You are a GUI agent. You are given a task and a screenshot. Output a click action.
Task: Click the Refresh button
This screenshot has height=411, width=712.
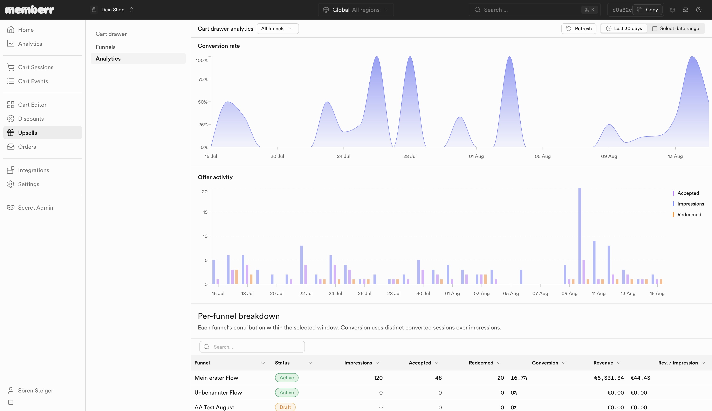pos(579,28)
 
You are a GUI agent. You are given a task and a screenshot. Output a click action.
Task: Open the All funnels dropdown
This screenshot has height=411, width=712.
pos(278,28)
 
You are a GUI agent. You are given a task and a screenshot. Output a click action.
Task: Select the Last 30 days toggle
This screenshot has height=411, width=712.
pos(624,28)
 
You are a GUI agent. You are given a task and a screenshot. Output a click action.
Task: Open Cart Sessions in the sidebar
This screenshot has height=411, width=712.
pos(36,67)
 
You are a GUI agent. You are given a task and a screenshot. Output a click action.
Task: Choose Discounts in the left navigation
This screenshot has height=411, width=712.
pos(31,119)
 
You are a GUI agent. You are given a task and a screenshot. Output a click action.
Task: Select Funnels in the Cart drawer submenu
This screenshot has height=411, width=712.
pos(105,47)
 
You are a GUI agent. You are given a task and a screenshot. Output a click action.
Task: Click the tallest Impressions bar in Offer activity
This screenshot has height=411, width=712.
pos(580,236)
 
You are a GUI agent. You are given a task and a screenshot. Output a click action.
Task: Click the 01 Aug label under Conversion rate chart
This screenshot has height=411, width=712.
pos(476,156)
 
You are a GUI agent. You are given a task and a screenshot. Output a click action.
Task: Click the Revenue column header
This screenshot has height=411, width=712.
pos(603,363)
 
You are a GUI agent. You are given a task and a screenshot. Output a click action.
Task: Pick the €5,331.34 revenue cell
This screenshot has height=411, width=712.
pos(609,378)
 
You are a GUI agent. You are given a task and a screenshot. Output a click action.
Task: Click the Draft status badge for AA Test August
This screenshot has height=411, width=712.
pos(285,407)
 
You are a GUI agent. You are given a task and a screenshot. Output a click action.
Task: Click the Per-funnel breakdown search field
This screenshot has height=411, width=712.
pos(252,347)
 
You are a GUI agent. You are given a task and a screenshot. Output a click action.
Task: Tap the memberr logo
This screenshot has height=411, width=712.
pos(30,10)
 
